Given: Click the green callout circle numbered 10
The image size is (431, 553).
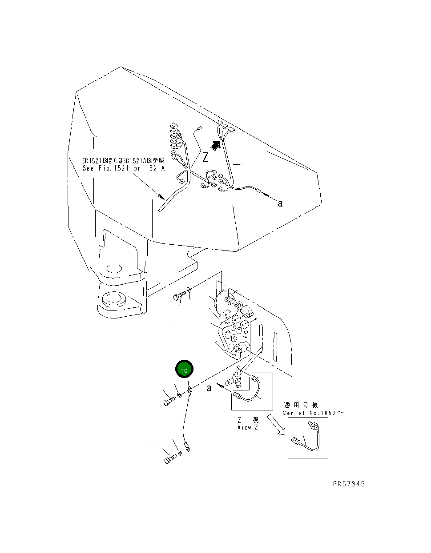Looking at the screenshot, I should (185, 370).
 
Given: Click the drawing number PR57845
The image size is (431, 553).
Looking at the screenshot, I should (349, 484).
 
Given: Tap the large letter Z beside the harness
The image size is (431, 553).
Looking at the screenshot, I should (205, 157).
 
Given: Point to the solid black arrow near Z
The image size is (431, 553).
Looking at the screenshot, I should (216, 145).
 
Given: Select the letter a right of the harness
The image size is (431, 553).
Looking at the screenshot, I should (280, 203).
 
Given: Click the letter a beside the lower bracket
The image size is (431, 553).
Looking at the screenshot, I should (209, 388).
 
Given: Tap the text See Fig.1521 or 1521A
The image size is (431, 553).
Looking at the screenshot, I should (124, 168).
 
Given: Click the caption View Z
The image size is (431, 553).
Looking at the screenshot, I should (248, 427).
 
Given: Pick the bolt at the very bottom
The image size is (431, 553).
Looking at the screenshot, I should (169, 459).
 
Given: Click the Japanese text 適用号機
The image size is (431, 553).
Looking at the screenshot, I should (301, 405).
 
